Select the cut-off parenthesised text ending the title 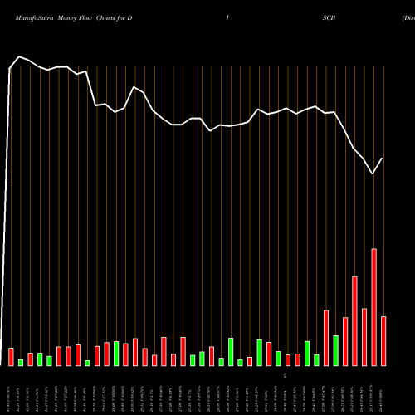(x=408, y=17)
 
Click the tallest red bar (x=373, y=307)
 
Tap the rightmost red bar (x=383, y=341)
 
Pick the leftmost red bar (x=11, y=357)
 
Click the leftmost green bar (x=21, y=362)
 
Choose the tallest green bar (x=335, y=350)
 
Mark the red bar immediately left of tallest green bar (x=326, y=338)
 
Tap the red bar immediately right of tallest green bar (x=345, y=341)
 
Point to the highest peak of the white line (x=20, y=56)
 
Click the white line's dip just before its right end (x=373, y=174)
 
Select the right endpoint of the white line (x=383, y=158)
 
